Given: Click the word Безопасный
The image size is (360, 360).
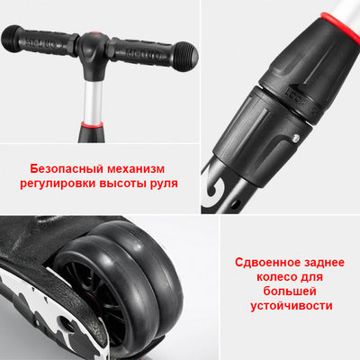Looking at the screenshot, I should (68, 168).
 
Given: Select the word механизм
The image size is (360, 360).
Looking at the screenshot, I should (139, 168).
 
